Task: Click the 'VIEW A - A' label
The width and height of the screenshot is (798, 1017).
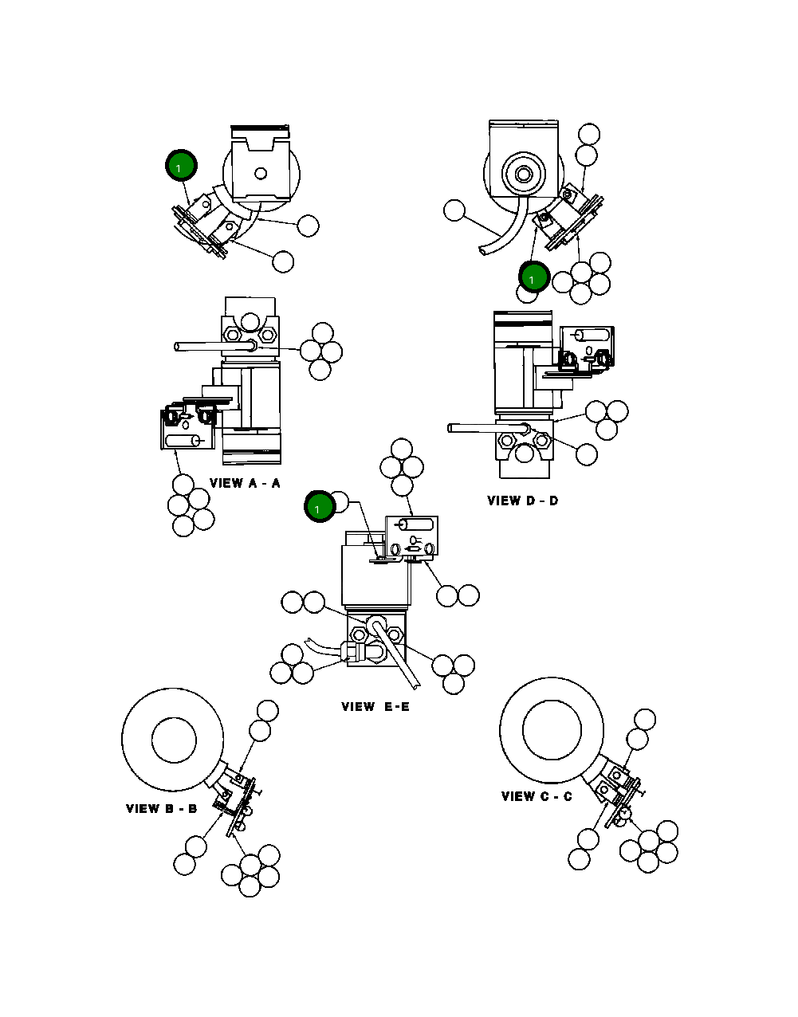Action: (245, 483)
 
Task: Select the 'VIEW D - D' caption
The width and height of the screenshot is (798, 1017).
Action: (522, 501)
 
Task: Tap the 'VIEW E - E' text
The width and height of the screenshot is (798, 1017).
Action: (375, 706)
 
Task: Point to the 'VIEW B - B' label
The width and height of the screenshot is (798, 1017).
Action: (161, 808)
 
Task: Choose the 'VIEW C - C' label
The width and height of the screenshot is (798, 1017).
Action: (537, 796)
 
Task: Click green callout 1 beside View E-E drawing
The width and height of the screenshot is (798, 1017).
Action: (319, 508)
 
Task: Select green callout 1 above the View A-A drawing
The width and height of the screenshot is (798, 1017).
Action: (180, 167)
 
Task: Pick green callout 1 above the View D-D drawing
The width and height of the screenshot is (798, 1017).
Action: (533, 278)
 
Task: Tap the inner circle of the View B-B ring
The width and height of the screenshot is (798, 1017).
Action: (174, 740)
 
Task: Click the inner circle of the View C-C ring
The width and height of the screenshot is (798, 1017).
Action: (552, 729)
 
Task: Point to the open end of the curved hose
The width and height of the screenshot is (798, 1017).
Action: (484, 251)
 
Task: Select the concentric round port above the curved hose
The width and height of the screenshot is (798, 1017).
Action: (524, 173)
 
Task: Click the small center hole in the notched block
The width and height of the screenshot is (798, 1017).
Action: (259, 173)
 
